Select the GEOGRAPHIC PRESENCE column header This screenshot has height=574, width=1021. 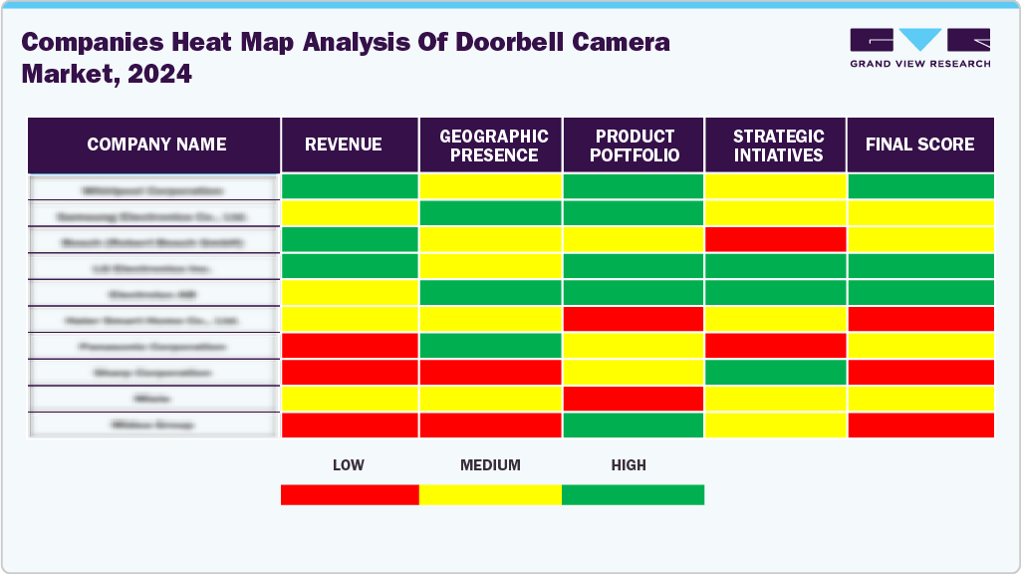tap(492, 144)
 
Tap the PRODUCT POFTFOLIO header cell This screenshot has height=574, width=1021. tap(635, 144)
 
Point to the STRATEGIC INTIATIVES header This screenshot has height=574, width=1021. tap(777, 144)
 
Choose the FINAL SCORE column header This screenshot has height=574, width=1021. tap(919, 144)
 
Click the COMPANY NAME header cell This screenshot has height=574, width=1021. tap(155, 144)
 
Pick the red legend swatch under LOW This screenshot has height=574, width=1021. tap(350, 494)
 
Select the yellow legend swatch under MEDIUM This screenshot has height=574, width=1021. tap(490, 494)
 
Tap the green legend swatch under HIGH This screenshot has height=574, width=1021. tap(633, 494)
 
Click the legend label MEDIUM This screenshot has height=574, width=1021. tap(490, 465)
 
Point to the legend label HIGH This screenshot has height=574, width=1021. tap(629, 465)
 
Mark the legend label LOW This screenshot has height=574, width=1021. tap(349, 465)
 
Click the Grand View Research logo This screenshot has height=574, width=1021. tap(919, 48)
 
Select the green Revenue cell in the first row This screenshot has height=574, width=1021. tap(350, 186)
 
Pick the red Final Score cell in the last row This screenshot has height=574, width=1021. tap(919, 425)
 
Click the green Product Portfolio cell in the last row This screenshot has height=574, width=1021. tap(635, 425)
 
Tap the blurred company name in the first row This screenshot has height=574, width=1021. tap(153, 188)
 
